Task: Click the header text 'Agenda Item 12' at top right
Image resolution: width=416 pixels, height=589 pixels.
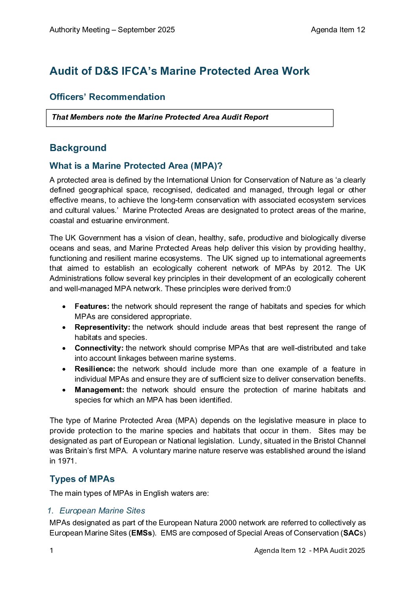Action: [x=338, y=30]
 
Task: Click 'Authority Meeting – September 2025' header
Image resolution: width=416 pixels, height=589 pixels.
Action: [x=112, y=30]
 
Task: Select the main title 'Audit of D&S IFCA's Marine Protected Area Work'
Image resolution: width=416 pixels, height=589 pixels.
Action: [x=179, y=71]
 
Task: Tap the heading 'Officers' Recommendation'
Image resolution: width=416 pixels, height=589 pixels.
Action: [x=107, y=97]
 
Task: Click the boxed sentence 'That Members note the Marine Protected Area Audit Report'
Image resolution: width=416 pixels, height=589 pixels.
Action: [x=160, y=117]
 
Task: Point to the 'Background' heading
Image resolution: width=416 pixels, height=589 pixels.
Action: [x=78, y=148]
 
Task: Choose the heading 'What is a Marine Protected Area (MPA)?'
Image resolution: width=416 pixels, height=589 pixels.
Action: [x=136, y=166]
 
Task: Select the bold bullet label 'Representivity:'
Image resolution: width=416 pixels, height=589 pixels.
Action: [x=102, y=327]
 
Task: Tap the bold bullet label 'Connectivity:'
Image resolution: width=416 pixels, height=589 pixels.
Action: [x=99, y=348]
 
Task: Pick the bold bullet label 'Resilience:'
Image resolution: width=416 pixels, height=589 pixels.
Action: [x=95, y=369]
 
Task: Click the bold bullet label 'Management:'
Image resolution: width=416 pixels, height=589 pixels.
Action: [x=99, y=390]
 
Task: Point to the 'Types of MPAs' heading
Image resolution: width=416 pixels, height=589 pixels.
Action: [x=82, y=479]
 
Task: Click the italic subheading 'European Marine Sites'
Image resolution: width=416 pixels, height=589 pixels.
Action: [x=102, y=511]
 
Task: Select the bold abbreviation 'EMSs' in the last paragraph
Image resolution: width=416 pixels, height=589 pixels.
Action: [x=142, y=533]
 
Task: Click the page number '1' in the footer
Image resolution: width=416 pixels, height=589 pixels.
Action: [x=52, y=550]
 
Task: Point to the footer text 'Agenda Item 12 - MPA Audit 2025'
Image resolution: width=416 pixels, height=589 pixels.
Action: [x=309, y=550]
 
